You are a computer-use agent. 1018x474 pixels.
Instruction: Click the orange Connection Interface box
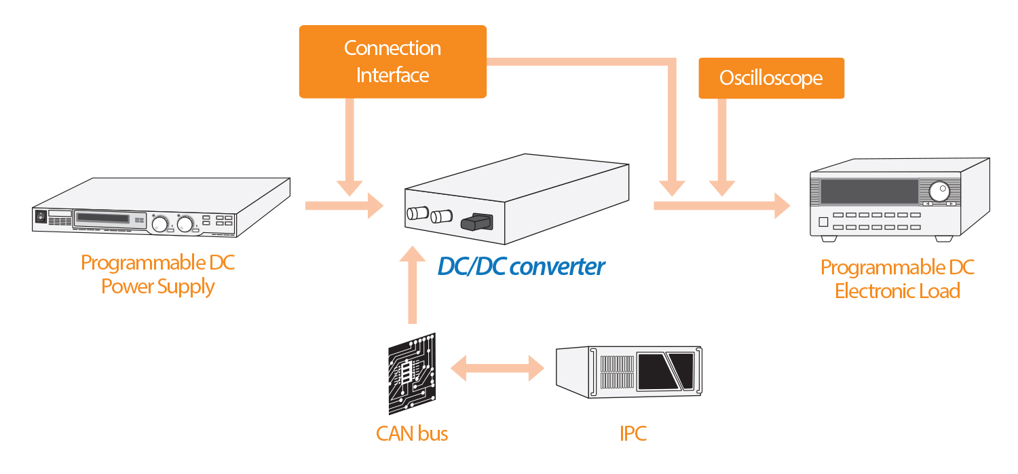[x=392, y=61]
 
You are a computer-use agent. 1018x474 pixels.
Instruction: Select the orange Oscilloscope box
[x=771, y=78]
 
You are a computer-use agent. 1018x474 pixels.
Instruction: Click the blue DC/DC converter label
[x=521, y=266]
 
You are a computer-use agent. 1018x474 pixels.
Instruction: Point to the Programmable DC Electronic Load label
[x=897, y=279]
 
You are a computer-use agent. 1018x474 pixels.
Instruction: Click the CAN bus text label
[x=412, y=433]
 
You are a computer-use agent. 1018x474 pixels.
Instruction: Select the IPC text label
[x=633, y=433]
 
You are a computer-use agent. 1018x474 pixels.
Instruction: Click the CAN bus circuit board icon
[x=412, y=373]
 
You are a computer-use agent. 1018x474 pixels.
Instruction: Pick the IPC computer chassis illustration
[x=628, y=372]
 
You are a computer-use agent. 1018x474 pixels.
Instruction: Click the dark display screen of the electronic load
[x=869, y=192]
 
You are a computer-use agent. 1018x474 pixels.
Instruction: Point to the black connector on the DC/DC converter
[x=476, y=221]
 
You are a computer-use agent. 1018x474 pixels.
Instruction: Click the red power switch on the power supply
[x=41, y=217]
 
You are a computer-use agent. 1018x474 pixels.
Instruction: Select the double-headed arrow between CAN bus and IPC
[x=498, y=370]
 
